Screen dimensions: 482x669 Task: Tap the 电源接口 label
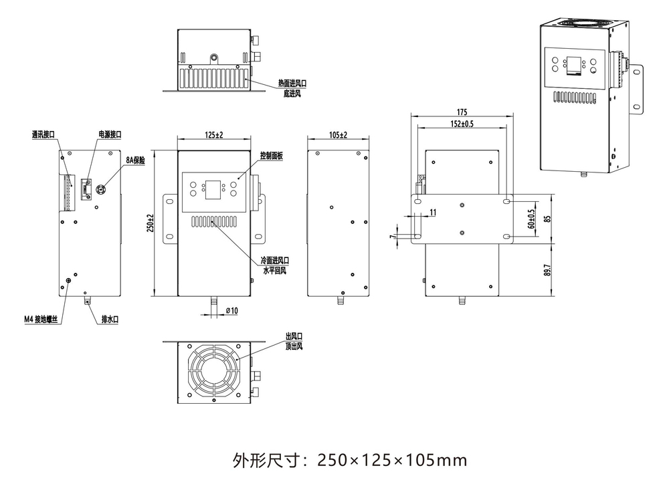tap(110, 134)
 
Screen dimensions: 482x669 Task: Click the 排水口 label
tap(109, 320)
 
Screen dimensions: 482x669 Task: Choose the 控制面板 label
tap(272, 155)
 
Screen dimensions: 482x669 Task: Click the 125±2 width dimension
tap(213, 135)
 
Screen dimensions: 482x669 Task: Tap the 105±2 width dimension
tap(339, 135)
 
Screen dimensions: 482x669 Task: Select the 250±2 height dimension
tap(151, 224)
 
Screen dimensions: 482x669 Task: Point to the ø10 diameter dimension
tap(232, 310)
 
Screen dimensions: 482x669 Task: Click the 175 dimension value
tap(462, 112)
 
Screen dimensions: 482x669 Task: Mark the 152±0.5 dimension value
tap(462, 124)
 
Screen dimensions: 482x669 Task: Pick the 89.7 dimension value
tap(547, 269)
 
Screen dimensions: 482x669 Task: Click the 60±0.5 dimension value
tap(532, 218)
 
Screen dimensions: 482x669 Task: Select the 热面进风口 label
tap(292, 84)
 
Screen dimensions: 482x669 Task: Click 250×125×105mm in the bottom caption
tap(391, 460)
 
